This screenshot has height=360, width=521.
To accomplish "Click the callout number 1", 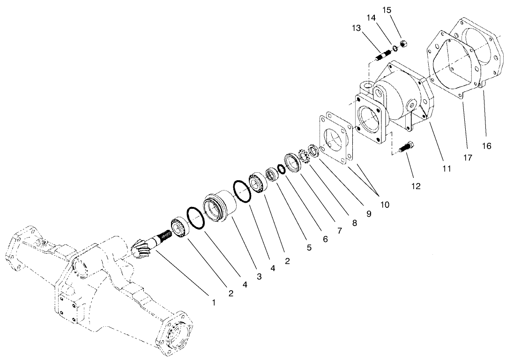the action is tap(214, 303).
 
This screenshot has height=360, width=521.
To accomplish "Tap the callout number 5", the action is tap(309, 248).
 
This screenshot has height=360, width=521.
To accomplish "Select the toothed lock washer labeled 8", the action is tap(303, 156).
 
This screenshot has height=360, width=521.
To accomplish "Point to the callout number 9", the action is tap(369, 214).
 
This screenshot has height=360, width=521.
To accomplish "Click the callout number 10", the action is tap(385, 204).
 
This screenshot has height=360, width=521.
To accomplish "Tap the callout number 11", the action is tap(447, 168).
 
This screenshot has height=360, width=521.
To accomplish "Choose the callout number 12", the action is tap(416, 186).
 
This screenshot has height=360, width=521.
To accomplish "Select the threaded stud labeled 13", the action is tap(384, 55).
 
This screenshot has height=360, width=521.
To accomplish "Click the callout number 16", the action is tap(487, 146).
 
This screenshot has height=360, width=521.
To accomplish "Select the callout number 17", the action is tap(467, 157).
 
